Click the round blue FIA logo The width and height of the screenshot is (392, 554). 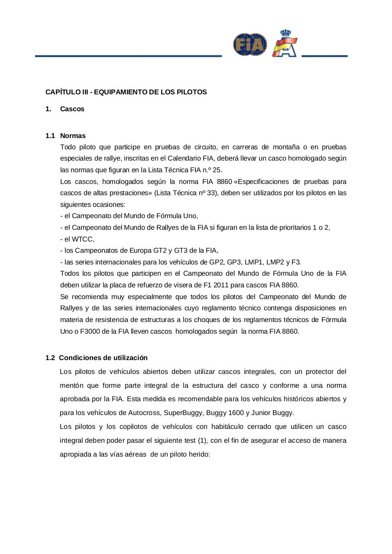tap(250, 45)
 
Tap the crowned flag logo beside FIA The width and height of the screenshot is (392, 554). tap(285, 44)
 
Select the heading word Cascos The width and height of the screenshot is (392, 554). tap(72, 109)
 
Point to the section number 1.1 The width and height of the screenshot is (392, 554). tap(50, 136)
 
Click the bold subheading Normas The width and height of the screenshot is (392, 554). tap(73, 136)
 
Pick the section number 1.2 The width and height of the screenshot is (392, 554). tap(50, 358)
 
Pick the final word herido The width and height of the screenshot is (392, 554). tap(200, 455)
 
